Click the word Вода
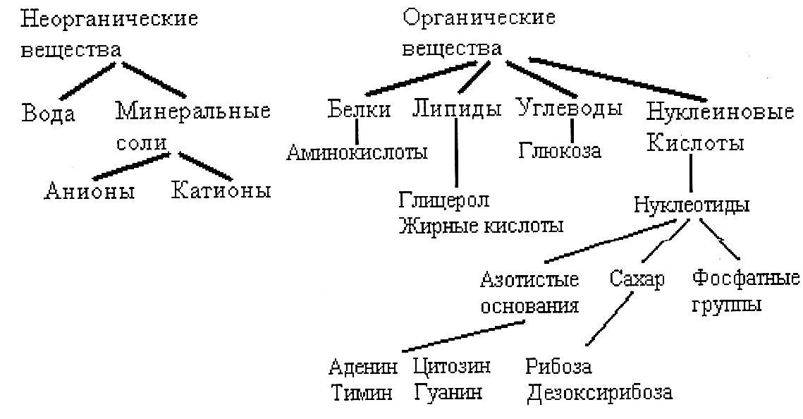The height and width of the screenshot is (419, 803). pos(49,113)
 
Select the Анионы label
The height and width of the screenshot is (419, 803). pos(90,190)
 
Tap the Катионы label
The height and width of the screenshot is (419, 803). pos(221,190)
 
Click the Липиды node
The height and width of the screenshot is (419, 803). pos(457,109)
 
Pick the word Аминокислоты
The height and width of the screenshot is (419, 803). pos(357,151)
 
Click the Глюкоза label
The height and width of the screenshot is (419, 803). pos(560,150)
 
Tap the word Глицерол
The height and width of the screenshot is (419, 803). pos(443,200)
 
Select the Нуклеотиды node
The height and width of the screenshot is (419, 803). pos(691,205)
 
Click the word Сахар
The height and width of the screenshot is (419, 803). pos(636,279)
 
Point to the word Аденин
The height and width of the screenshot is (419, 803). pos(363,367)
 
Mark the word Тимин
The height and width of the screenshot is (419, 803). pos(361,392)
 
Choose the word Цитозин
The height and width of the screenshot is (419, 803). pos(452,367)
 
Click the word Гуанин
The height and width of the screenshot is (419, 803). pos(448,392)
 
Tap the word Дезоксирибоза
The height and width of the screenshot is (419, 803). pos(599,392)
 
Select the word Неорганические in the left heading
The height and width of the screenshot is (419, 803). pos(109,18)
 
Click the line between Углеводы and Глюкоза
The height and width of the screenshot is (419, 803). pos(572,129)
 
